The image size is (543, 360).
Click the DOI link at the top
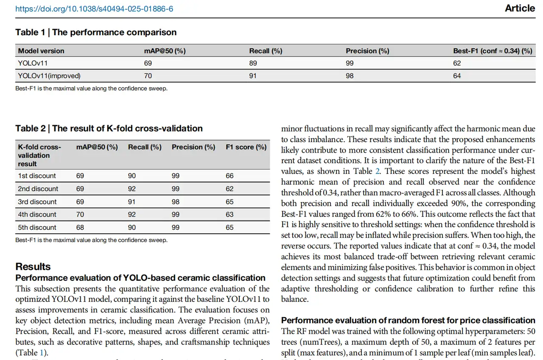(94, 9)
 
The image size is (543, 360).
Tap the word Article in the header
(520, 8)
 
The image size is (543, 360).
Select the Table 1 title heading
(96, 32)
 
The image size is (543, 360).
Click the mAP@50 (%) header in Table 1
(165, 51)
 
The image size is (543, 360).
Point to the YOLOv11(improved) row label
(49, 76)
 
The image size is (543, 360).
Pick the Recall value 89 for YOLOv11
(253, 63)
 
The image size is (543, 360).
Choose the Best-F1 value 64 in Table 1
(457, 76)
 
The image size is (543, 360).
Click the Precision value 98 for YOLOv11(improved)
(350, 76)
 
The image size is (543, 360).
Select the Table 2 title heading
(109, 128)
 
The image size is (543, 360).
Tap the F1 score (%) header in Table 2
(246, 147)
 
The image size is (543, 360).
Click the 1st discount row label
(37, 176)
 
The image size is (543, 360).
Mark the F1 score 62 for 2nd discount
(230, 189)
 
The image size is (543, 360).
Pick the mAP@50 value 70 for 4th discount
(80, 215)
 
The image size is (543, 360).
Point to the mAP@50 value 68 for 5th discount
(80, 227)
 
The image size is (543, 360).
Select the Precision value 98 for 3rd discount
(176, 202)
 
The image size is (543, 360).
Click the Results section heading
(33, 267)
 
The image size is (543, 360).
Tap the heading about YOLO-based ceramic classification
(140, 278)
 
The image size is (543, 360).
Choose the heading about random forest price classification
(408, 320)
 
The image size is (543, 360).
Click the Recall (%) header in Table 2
(145, 147)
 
